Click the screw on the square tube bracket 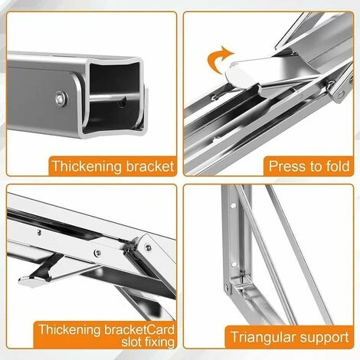[59, 97]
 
